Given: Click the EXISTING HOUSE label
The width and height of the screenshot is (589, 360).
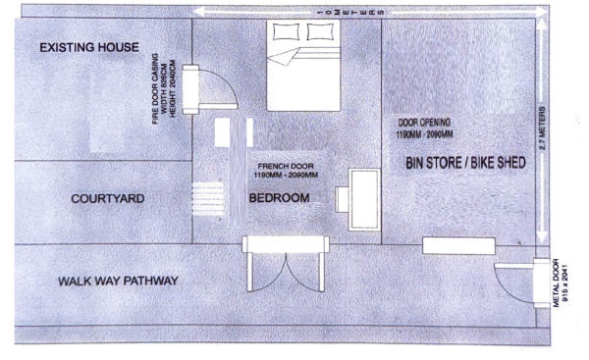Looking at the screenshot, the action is tap(89, 47).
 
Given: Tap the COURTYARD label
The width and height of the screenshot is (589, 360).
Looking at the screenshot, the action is tap(108, 198).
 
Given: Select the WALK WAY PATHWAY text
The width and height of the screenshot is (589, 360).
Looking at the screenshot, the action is tap(118, 281).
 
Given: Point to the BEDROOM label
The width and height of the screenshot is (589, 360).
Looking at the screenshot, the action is tap(280, 198).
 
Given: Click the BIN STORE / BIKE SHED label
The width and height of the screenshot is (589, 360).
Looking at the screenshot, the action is tap(465, 163).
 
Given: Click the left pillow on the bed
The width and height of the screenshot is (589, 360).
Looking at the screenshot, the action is tap(287, 31).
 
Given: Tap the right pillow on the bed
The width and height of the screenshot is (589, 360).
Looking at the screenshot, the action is tap(320, 31).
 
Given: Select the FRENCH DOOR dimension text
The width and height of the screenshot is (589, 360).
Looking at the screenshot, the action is tap(286, 171).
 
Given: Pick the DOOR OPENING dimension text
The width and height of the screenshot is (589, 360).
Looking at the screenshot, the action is tap(424, 129).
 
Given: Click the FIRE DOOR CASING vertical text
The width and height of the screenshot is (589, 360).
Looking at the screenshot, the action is tap(164, 89).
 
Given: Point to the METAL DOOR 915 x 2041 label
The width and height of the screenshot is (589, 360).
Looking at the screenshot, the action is tap(560, 283).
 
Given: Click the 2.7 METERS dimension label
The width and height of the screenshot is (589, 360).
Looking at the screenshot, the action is tap(542, 129).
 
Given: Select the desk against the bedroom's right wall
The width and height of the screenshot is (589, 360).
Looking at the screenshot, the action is tap(364, 200).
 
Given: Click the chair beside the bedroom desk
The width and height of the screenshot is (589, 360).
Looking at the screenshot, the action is tap(342, 200).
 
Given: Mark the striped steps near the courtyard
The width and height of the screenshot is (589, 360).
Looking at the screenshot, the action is tap(208, 198).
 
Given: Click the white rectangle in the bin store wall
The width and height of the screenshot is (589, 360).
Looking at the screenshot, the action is tap(458, 246).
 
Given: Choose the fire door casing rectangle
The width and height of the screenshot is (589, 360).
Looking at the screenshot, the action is tap(190, 89).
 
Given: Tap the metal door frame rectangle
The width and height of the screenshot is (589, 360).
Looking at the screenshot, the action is tap(541, 283).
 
